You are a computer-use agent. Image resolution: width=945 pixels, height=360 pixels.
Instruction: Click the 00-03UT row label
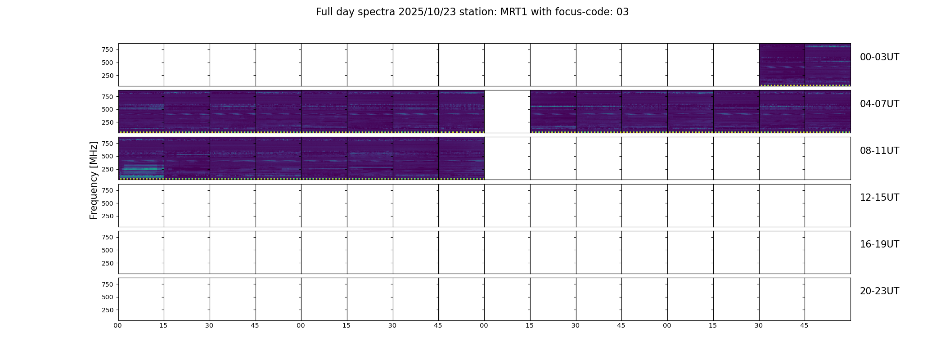pos(879,57)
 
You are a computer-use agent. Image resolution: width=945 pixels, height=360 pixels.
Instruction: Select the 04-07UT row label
pos(879,104)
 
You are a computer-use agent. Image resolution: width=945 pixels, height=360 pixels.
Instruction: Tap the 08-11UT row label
pos(879,151)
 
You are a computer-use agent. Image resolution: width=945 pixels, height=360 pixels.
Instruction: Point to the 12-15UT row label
pos(879,198)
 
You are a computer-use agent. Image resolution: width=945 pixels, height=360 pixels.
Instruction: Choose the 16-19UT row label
pos(879,244)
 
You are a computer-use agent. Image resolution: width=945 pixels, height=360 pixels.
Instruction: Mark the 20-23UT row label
pos(879,291)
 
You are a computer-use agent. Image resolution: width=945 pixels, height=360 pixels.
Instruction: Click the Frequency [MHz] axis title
pos(94,180)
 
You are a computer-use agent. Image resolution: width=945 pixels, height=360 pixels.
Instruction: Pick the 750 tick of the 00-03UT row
pos(108,49)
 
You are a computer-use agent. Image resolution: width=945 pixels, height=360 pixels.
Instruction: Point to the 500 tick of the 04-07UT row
pos(108,109)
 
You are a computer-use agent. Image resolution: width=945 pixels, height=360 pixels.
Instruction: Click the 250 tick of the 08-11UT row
pos(108,169)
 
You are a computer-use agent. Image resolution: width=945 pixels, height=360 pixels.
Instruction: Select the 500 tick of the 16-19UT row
pos(108,250)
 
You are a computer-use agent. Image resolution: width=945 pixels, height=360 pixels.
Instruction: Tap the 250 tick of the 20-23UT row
pos(108,310)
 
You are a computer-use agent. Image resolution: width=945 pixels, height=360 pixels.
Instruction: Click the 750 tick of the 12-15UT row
pos(108,190)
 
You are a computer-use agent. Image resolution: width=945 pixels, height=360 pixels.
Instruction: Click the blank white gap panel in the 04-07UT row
pos(507,112)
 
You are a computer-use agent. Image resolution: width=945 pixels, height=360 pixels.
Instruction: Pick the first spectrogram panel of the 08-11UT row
pos(141,158)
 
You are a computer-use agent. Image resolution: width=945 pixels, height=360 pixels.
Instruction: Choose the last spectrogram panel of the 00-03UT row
pos(828,65)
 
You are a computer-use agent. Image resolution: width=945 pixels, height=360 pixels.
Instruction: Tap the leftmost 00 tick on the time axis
pos(117,325)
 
